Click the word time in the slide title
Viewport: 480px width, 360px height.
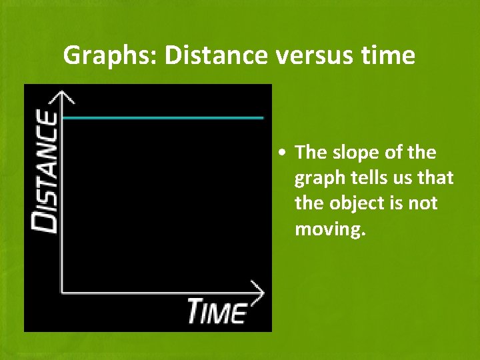coord(390,55)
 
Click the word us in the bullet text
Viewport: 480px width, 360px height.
coord(406,178)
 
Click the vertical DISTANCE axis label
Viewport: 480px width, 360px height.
coord(46,172)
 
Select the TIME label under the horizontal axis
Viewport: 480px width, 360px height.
coord(217,311)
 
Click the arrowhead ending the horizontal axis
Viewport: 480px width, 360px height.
coord(257,291)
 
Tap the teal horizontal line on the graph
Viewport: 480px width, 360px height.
coord(163,117)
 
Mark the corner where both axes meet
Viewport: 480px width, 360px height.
coord(62,291)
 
